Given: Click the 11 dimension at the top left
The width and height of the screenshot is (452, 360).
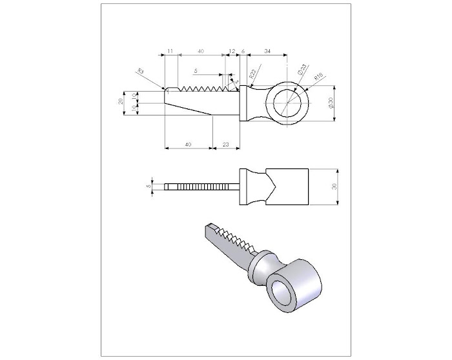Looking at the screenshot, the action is click(170, 50).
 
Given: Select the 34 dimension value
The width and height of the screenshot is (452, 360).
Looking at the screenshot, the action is click(267, 50).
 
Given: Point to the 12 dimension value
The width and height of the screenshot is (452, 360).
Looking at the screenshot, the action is click(232, 50).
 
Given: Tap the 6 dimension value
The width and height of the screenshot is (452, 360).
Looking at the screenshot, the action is click(243, 50).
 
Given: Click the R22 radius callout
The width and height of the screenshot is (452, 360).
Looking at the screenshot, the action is click(252, 76).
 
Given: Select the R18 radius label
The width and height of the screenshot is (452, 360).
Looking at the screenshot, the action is click(318, 78).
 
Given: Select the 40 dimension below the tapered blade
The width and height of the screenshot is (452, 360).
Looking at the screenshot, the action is click(188, 145).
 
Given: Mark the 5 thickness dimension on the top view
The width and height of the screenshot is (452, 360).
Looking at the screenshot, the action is click(149, 186).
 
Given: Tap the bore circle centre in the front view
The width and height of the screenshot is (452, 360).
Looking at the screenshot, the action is click(286, 104).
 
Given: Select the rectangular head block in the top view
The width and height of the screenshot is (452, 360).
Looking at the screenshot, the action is click(287, 186).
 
